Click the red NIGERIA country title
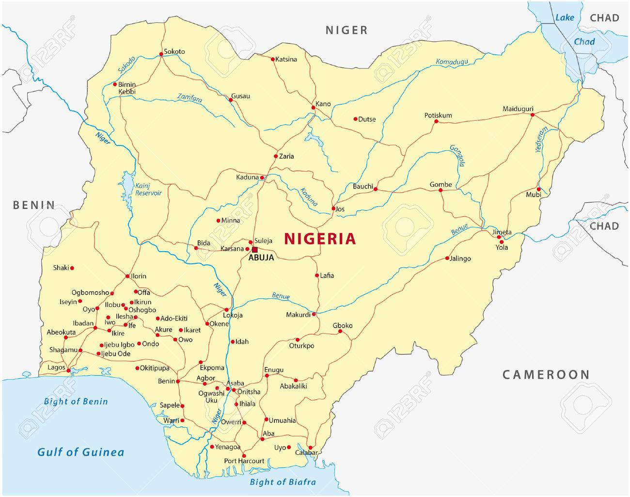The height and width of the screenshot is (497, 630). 320,239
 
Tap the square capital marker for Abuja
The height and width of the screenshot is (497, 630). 255,250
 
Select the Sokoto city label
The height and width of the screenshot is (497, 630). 174,51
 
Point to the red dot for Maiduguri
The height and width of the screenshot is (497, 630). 532,115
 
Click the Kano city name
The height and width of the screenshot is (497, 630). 323,104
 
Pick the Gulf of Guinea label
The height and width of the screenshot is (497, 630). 81,452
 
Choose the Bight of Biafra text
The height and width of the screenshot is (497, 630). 283,482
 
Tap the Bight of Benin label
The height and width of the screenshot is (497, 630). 76,401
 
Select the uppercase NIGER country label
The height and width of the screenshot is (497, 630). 346,30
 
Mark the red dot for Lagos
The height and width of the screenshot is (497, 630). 68,371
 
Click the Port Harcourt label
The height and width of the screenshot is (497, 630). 244,461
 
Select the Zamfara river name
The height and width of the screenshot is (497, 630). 189,98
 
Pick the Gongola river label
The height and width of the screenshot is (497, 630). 457,156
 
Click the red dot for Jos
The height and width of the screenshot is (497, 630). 333,208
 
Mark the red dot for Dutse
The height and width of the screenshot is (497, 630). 355,119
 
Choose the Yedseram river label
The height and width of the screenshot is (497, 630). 541,141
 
